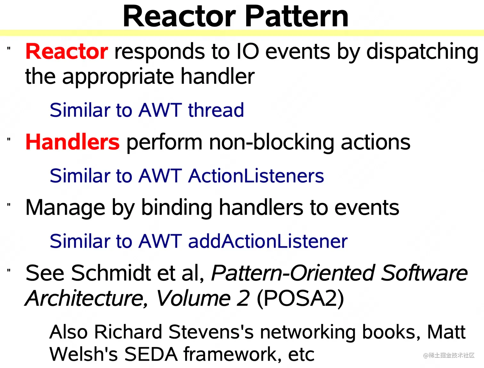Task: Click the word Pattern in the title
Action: click(x=296, y=17)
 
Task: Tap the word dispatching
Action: click(x=422, y=52)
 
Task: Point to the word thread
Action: click(x=216, y=110)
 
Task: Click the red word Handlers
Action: click(x=72, y=142)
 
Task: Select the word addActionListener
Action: click(x=268, y=241)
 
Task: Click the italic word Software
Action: click(x=424, y=273)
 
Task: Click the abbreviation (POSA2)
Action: click(x=300, y=298)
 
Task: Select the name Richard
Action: click(x=128, y=332)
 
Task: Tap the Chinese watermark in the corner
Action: click(x=448, y=355)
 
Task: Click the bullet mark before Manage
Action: click(x=9, y=205)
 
